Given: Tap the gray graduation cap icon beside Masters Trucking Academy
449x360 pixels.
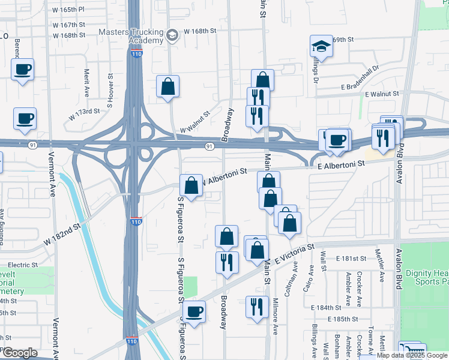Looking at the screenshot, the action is pyautogui.click(x=173, y=35).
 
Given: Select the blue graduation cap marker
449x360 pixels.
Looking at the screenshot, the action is pyautogui.click(x=321, y=47).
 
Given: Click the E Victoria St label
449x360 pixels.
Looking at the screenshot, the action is pyautogui.click(x=294, y=254).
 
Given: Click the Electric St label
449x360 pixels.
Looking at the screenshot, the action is pyautogui.click(x=23, y=265).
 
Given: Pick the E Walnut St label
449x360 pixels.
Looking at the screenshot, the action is pyautogui.click(x=382, y=94).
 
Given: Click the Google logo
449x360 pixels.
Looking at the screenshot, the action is pyautogui.click(x=19, y=353).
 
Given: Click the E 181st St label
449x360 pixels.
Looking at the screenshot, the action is pyautogui.click(x=351, y=258).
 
